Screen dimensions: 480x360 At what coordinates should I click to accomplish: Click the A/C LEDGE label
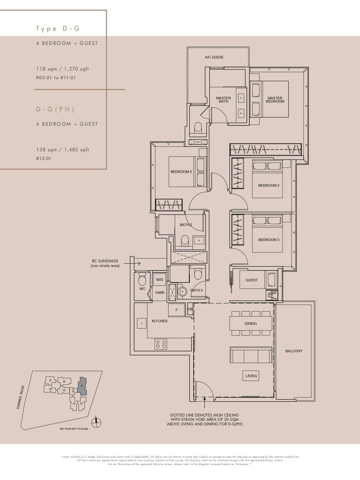pos(214,57)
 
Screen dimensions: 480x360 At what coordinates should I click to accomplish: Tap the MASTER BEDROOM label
pos(275,100)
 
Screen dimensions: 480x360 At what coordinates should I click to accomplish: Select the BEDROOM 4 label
pos(181,172)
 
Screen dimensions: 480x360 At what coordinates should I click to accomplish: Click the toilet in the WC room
pos(142,279)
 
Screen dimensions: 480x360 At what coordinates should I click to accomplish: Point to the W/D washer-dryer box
pos(160,280)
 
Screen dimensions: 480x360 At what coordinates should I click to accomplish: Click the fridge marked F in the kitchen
pos(177,310)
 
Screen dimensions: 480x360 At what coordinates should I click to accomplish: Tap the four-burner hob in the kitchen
pos(161,344)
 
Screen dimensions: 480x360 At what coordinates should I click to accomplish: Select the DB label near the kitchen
pos(190,309)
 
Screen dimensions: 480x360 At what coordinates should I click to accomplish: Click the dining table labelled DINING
pos(251,323)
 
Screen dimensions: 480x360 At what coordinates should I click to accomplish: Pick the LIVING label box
pos(251,376)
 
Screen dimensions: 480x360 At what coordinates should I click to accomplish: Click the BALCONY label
pos(294,351)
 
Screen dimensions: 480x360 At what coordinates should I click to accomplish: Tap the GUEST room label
pos(252,280)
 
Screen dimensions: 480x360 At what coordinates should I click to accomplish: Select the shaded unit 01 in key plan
pos(83,386)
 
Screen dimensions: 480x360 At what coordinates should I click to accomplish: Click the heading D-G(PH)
pos(55,109)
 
